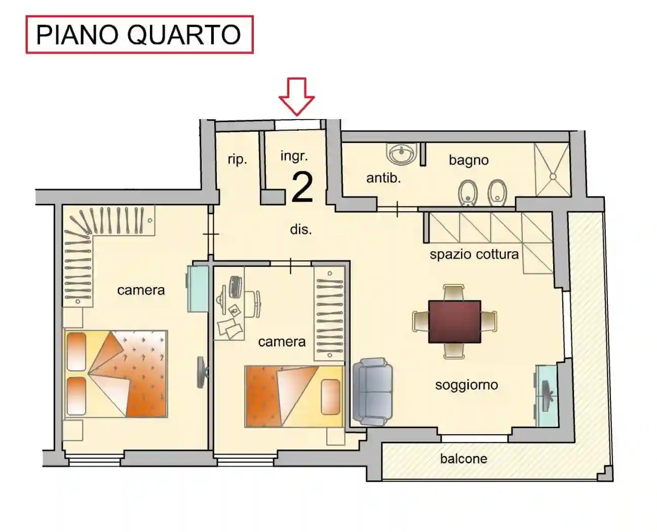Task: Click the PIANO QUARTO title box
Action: click(x=139, y=34)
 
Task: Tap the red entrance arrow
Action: click(x=296, y=96)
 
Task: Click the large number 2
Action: click(x=302, y=187)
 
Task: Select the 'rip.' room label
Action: click(x=237, y=159)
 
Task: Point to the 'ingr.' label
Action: click(x=294, y=156)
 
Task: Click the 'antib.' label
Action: click(x=383, y=178)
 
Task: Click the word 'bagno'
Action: click(x=469, y=160)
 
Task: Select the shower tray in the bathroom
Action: click(x=552, y=169)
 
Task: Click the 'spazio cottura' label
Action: click(x=474, y=254)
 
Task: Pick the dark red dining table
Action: click(x=454, y=321)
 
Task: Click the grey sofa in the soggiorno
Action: click(x=373, y=392)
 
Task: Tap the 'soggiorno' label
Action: click(x=466, y=385)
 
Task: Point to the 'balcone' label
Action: click(x=463, y=459)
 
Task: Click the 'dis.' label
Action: click(x=300, y=230)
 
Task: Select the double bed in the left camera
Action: click(x=116, y=374)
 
